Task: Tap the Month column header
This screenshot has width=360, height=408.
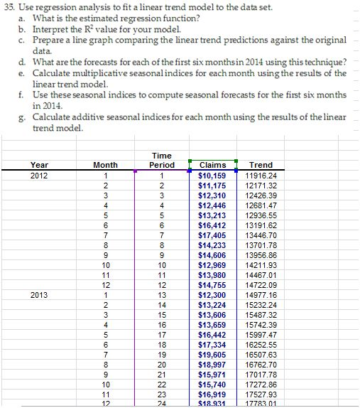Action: coord(106,165)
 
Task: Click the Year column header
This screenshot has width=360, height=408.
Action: coord(40,165)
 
